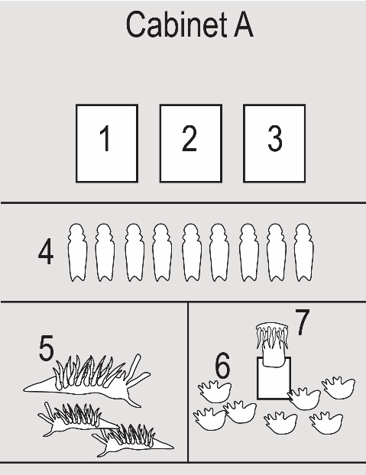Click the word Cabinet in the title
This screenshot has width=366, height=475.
[x=177, y=24]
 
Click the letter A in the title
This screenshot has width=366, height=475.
[x=244, y=25]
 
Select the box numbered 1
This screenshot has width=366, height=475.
[x=107, y=144]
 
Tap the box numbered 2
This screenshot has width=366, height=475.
[x=191, y=144]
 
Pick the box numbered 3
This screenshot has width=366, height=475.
[x=274, y=144]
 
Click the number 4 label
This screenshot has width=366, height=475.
[x=46, y=252]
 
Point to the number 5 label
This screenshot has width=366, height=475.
[x=47, y=347]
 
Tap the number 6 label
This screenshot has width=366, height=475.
[x=222, y=365]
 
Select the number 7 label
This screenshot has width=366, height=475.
[x=303, y=322]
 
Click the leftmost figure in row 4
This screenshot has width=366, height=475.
[x=77, y=252]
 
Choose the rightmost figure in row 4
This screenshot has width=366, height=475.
[x=304, y=252]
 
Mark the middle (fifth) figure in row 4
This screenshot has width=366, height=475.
[x=192, y=252]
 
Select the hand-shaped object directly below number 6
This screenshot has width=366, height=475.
[x=215, y=392]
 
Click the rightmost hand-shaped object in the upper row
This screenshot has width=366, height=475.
[x=338, y=388]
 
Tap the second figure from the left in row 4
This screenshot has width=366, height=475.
[x=105, y=252]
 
